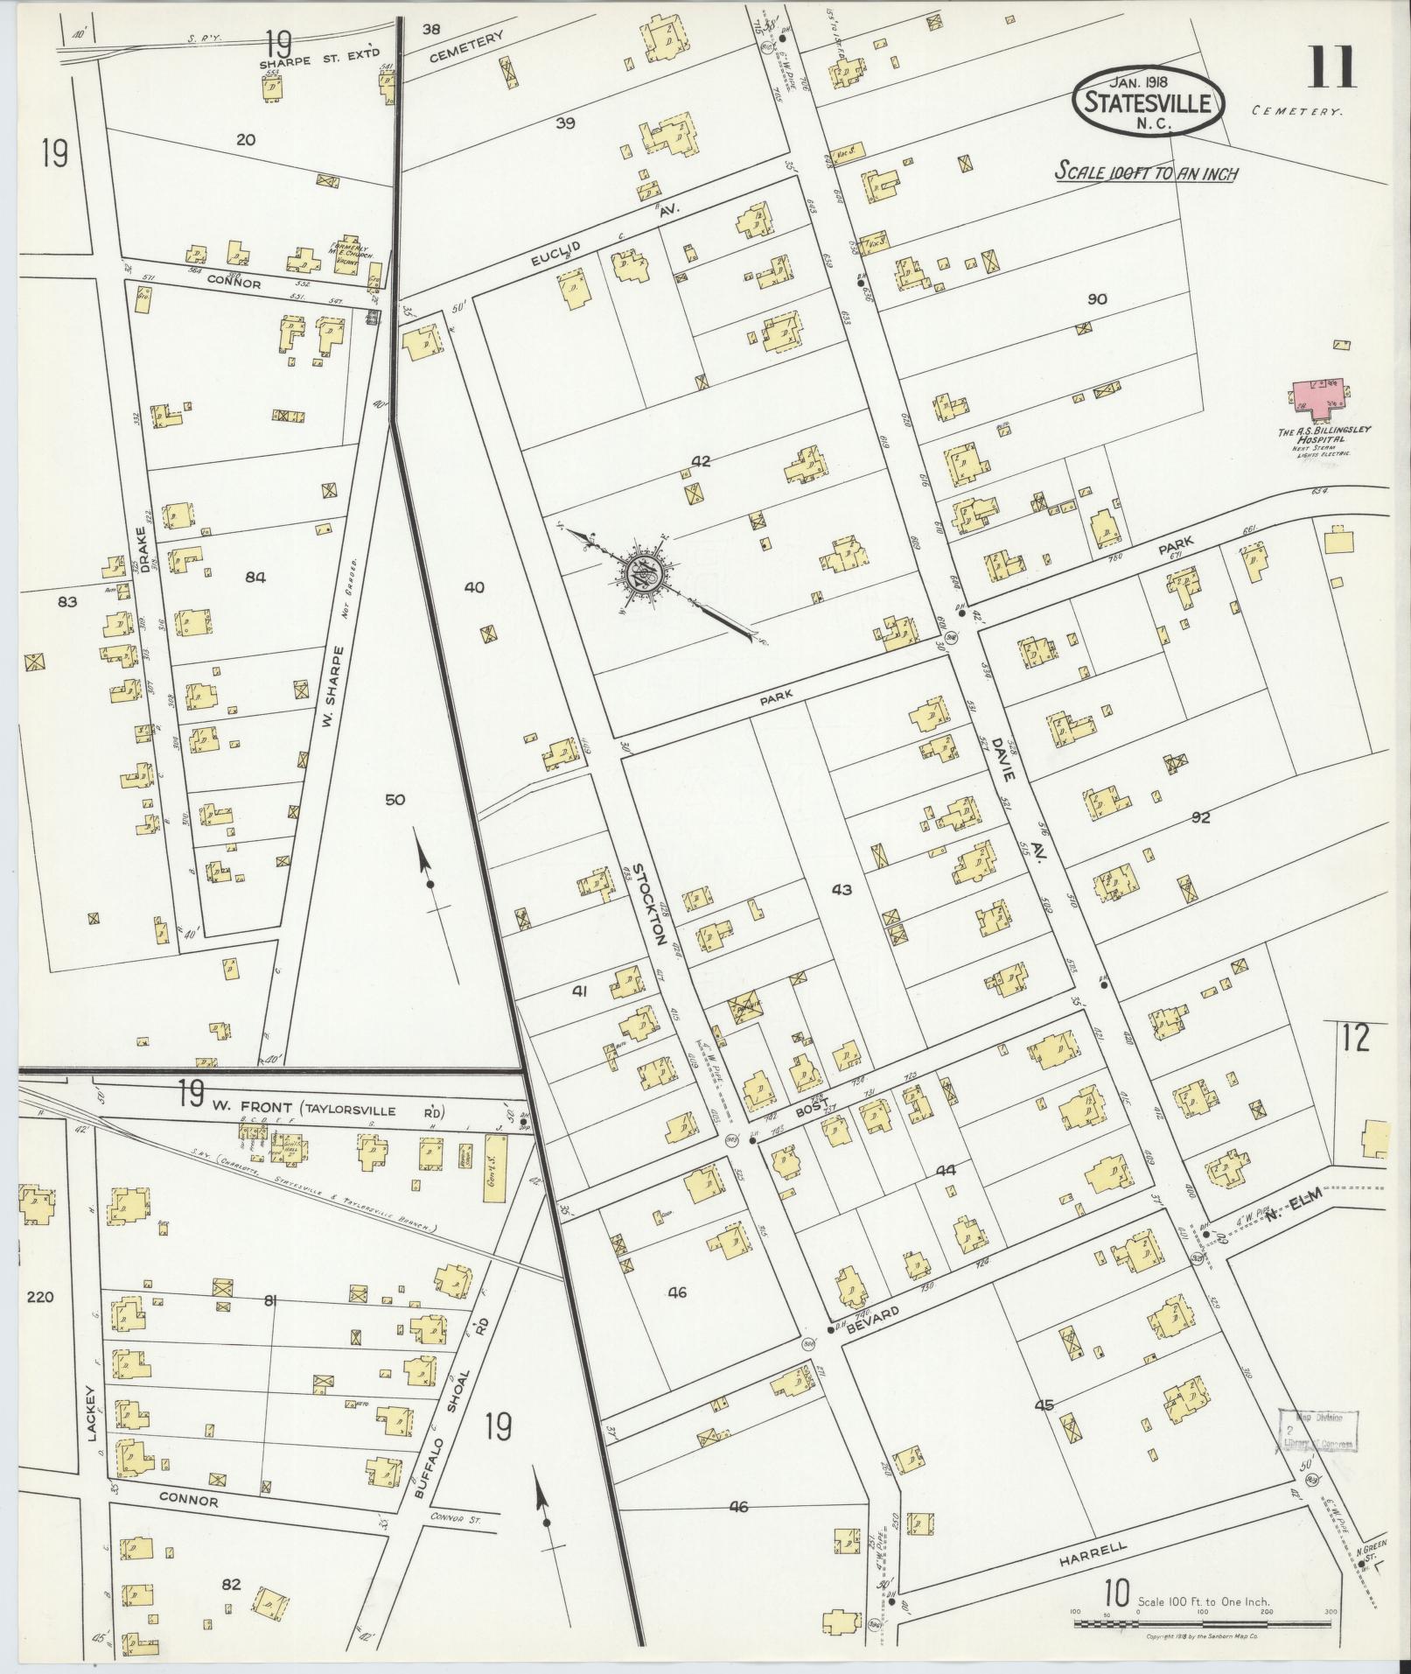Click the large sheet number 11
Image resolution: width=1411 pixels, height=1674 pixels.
(x=1331, y=68)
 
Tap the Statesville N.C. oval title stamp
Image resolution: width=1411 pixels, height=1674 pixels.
(x=1147, y=102)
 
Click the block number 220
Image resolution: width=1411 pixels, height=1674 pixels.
(x=40, y=1297)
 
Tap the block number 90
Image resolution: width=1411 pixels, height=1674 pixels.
(x=1096, y=299)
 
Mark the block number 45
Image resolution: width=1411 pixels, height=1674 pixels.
(x=1044, y=1430)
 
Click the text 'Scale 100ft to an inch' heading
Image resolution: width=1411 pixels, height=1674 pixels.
(x=1145, y=172)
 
